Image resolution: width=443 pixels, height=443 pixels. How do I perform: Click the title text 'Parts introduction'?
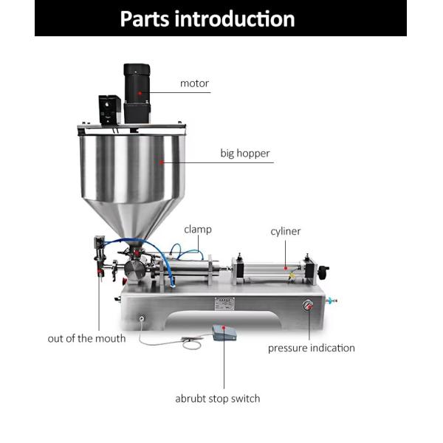(x=207, y=18)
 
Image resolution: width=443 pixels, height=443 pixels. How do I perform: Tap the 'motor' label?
(x=195, y=83)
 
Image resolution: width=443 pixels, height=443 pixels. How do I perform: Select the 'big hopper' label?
(x=245, y=154)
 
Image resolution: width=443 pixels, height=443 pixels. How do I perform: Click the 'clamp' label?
(x=198, y=230)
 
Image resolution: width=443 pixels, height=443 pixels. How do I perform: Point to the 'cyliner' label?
(x=285, y=232)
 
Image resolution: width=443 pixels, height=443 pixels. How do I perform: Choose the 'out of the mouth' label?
(x=86, y=338)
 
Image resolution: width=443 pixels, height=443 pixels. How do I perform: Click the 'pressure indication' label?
(x=311, y=348)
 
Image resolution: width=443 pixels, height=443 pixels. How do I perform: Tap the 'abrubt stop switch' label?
(x=217, y=399)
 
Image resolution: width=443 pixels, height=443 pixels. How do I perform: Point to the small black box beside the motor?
(x=110, y=109)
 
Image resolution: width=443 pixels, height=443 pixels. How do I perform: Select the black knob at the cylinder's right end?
(x=323, y=271)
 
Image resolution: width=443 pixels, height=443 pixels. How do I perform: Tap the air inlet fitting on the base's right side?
(x=331, y=301)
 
